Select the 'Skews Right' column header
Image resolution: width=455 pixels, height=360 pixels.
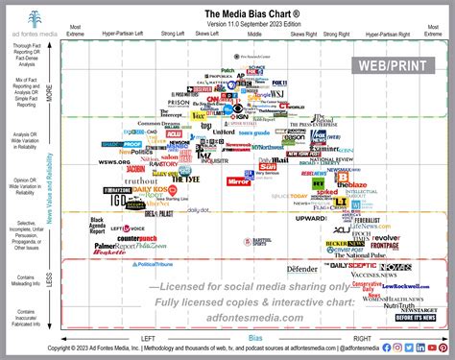(302, 34)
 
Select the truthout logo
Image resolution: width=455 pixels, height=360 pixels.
(140, 180)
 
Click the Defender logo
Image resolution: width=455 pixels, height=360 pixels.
(302, 269)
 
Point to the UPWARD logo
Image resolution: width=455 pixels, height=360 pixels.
(311, 218)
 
